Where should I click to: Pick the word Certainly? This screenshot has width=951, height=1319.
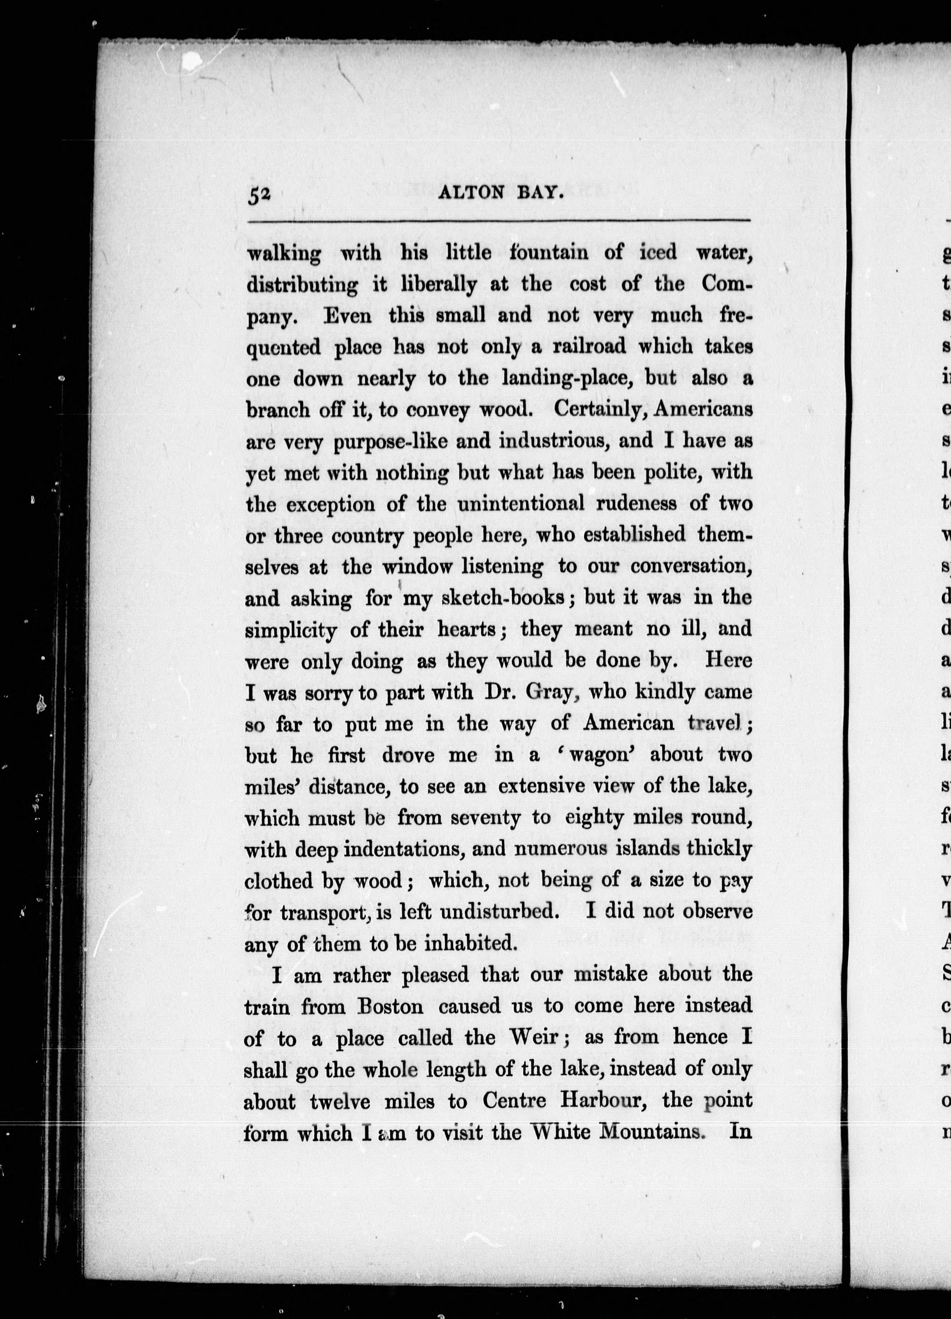[x=600, y=409]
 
